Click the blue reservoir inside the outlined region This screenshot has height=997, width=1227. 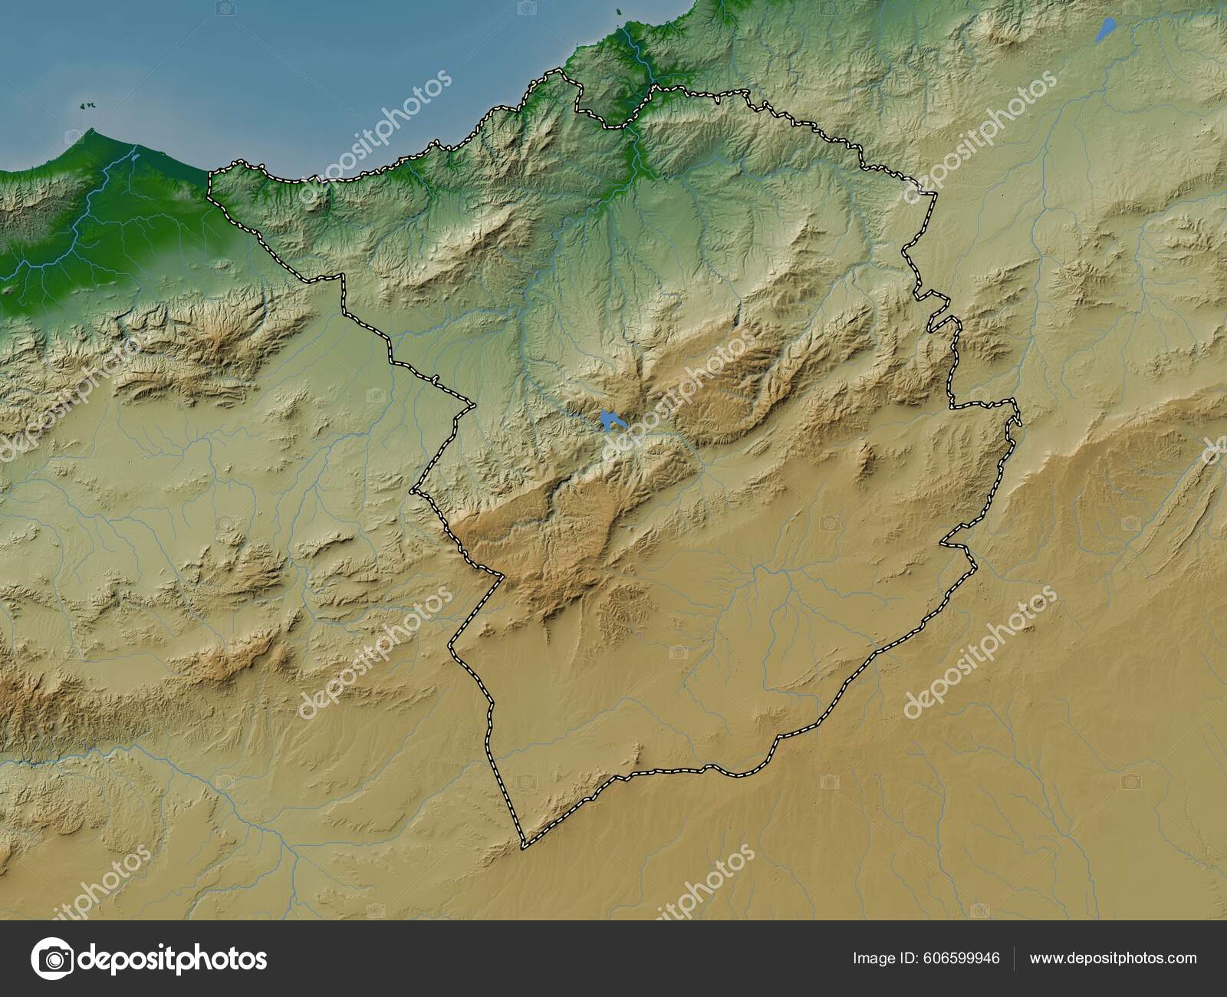click(610, 420)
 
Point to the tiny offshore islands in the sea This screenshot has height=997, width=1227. click(87, 106)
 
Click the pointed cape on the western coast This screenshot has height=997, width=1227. click(92, 132)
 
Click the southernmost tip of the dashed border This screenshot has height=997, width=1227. click(524, 847)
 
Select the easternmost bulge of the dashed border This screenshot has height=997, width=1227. click(1018, 418)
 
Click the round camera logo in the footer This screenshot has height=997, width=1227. click(52, 959)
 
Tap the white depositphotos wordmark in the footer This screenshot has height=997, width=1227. click(173, 959)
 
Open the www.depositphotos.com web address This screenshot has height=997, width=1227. click(1113, 958)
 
